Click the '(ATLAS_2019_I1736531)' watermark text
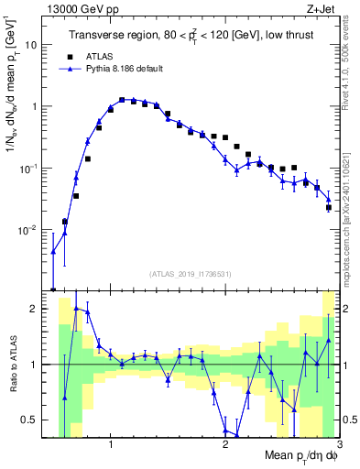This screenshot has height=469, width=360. click(x=191, y=274)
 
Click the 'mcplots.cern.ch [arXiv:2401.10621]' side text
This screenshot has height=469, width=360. click(x=349, y=211)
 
